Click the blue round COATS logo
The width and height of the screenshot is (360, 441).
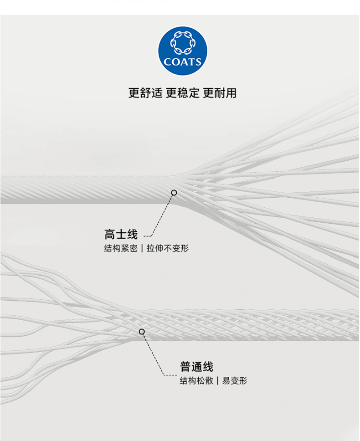coord(182,50)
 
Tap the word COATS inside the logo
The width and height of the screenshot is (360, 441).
coord(182,62)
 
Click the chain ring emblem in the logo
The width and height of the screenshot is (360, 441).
coord(182,43)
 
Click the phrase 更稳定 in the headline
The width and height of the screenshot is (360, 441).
coord(182,93)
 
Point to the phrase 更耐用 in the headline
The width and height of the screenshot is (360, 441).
coord(220,93)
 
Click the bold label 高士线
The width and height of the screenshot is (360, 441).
coord(121,235)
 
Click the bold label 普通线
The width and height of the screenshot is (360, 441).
coord(196,367)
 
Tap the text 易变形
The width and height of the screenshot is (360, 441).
coord(234,381)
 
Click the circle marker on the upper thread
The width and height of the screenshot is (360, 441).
coord(174,193)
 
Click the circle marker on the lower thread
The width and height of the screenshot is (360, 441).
coord(142,332)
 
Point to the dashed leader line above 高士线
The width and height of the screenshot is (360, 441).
coord(161,216)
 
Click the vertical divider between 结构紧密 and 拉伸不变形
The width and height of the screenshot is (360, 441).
coord(141,249)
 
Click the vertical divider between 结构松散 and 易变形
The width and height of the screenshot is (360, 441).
coord(217,381)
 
